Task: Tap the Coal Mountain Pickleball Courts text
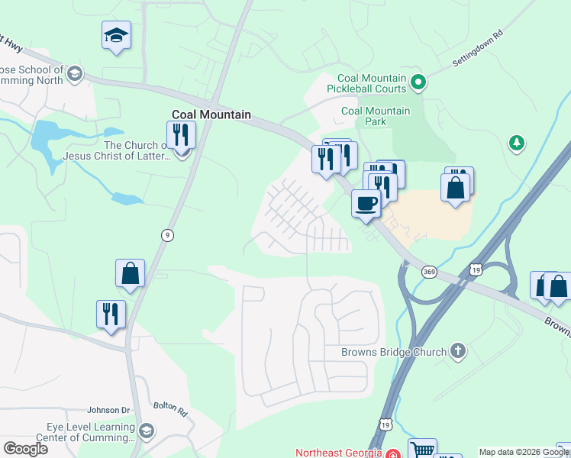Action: [x=372, y=83]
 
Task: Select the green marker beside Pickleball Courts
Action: [x=418, y=81]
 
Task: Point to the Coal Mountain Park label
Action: [x=376, y=116]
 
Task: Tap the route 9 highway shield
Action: [x=166, y=235]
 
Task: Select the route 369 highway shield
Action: [x=429, y=272]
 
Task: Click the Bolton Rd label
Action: [x=170, y=409]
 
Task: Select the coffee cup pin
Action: [x=366, y=204]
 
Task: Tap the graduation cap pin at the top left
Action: [x=116, y=35]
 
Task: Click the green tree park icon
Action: [x=517, y=142]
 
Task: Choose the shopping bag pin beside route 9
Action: [x=130, y=273]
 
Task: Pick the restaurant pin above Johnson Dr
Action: [x=111, y=314]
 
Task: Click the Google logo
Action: [x=25, y=448]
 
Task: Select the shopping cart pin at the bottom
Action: [x=421, y=450]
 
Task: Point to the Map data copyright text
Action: [x=524, y=452]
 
